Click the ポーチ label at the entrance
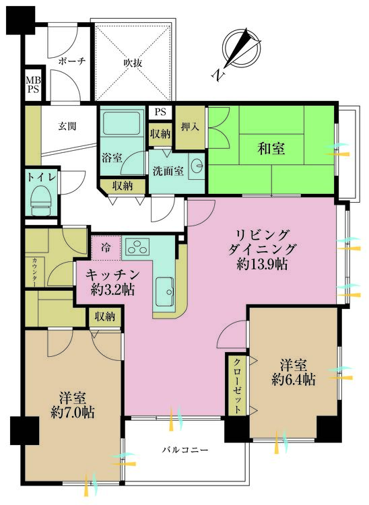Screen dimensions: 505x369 coord(71,61)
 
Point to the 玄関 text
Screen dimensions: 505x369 coord(66,125)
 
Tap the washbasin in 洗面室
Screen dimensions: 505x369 coord(197,165)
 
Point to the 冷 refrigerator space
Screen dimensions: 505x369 coord(106,247)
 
